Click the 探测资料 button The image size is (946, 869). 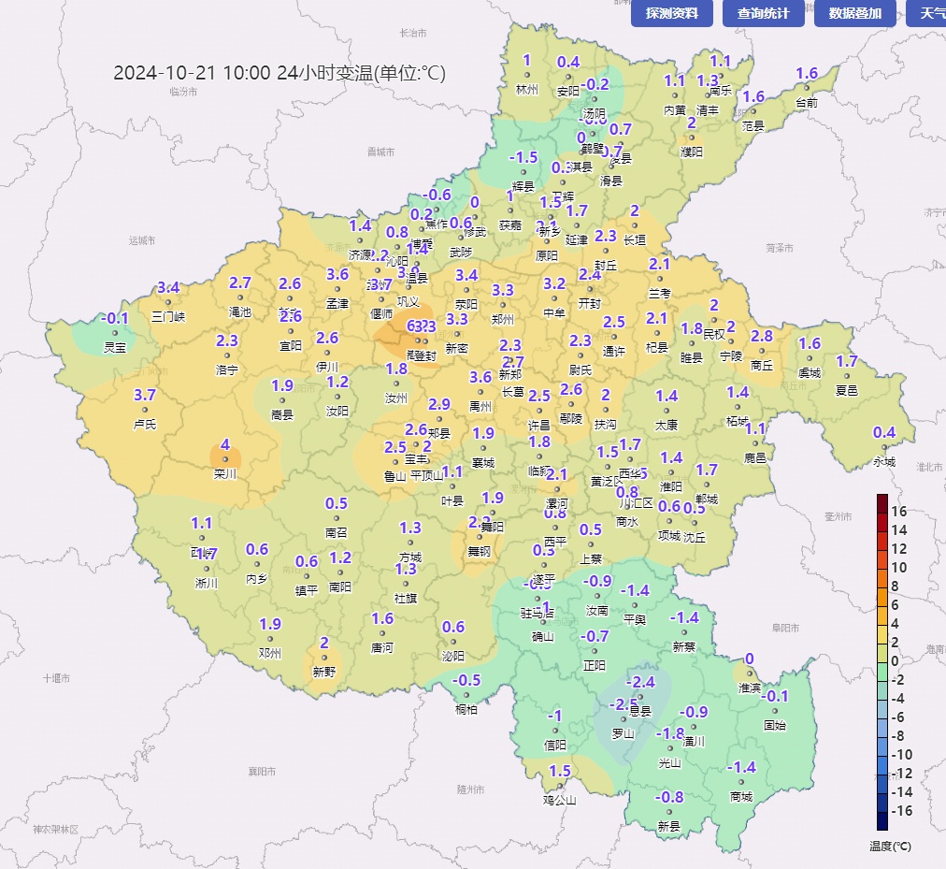pyautogui.click(x=671, y=13)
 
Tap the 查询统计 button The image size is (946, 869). pyautogui.click(x=763, y=13)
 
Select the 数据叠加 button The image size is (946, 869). pyautogui.click(x=854, y=13)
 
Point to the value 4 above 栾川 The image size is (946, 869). pyautogui.click(x=224, y=444)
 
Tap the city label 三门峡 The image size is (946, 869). pyautogui.click(x=168, y=316)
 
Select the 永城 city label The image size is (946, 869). pyautogui.click(x=883, y=461)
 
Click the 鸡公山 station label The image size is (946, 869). pyautogui.click(x=560, y=800)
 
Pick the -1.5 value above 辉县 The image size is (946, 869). pyautogui.click(x=523, y=157)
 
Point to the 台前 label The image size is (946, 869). pyautogui.click(x=807, y=103)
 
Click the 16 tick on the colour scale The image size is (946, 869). pyautogui.click(x=899, y=511)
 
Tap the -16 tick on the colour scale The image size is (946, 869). pyautogui.click(x=897, y=811)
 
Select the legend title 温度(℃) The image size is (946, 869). pyautogui.click(x=889, y=846)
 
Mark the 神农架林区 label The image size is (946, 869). pyautogui.click(x=55, y=829)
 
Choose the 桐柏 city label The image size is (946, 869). pyautogui.click(x=466, y=709)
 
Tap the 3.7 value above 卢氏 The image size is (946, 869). pyautogui.click(x=145, y=395)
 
